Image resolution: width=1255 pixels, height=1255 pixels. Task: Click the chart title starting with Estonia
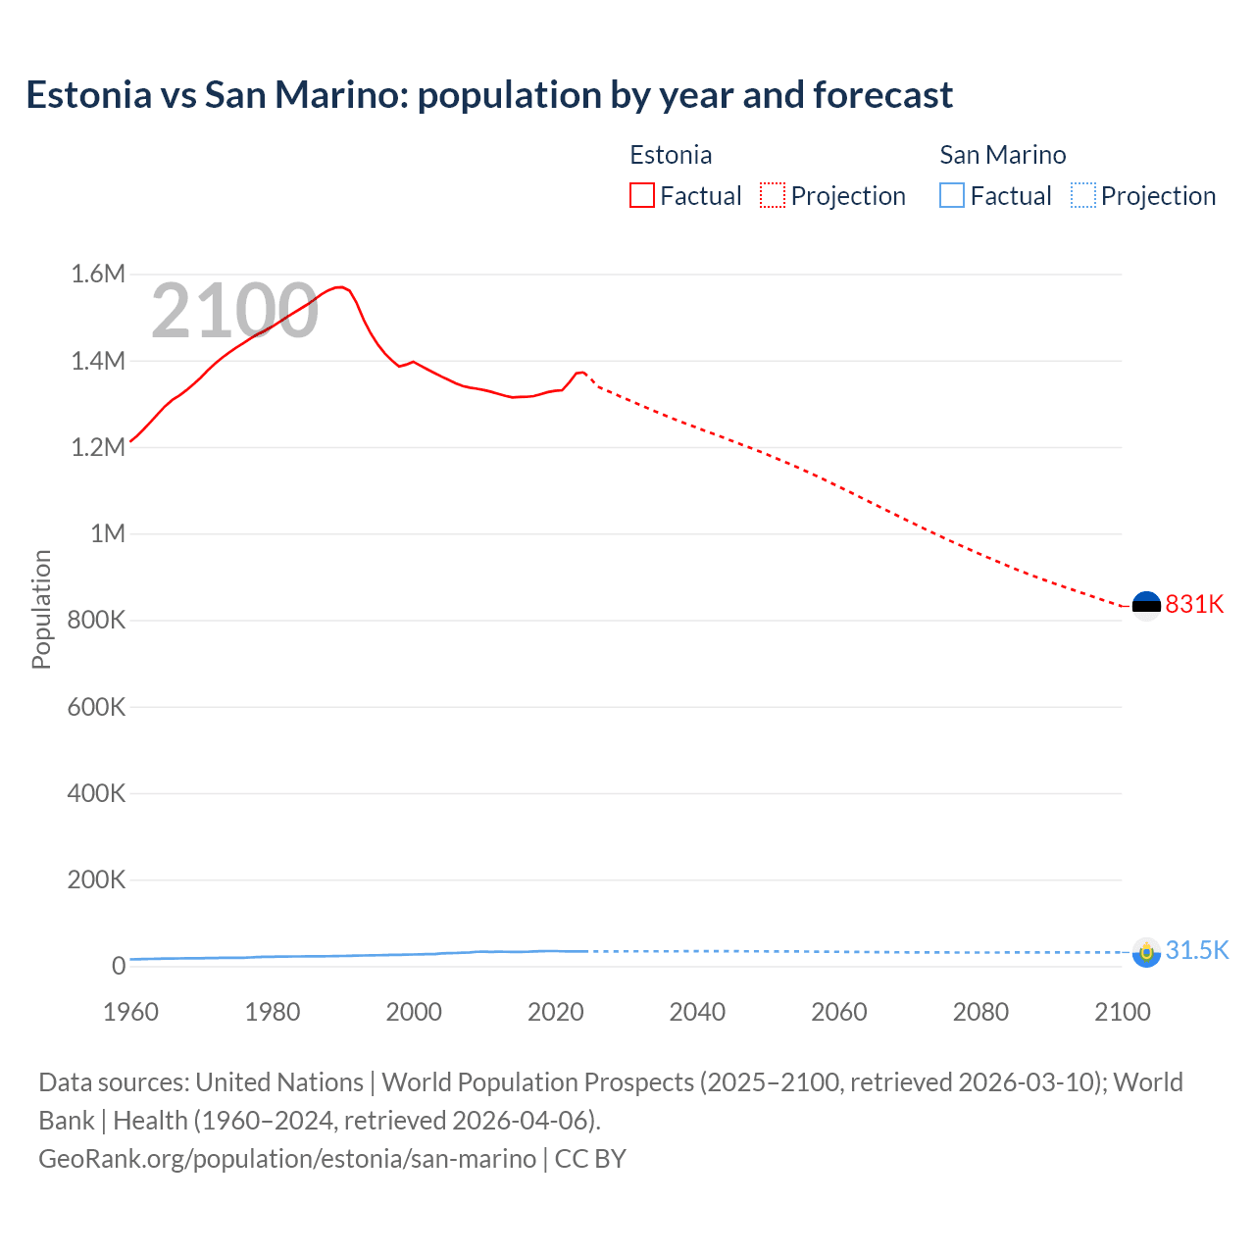488,95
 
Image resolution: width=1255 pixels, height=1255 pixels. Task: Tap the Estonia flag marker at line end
1145,605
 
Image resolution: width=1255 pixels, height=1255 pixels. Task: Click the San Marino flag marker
1145,952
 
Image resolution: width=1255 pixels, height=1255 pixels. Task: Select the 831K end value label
1194,604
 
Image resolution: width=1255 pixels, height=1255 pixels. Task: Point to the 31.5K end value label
1196,950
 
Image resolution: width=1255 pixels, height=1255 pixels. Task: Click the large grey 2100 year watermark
234,311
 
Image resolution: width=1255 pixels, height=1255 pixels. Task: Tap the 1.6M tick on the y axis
98,275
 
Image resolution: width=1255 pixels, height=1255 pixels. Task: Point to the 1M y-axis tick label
108,533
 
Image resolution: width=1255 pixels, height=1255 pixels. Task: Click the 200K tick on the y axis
96,879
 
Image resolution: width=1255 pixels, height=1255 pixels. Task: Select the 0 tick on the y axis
119,966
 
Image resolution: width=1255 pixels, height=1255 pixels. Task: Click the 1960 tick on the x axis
130,1012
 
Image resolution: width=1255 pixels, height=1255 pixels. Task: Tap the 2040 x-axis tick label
697,1012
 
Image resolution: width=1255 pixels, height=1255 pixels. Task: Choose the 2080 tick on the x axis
980,1012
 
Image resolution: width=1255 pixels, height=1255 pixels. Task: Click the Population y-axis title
41,609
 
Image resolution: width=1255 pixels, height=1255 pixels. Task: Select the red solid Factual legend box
641,196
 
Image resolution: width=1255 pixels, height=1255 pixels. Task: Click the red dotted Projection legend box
773,196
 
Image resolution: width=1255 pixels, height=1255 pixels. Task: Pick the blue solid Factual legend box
952,196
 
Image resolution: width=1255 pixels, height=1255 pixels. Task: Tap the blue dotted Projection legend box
1082,196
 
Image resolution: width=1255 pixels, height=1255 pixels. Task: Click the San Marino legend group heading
1002,155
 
